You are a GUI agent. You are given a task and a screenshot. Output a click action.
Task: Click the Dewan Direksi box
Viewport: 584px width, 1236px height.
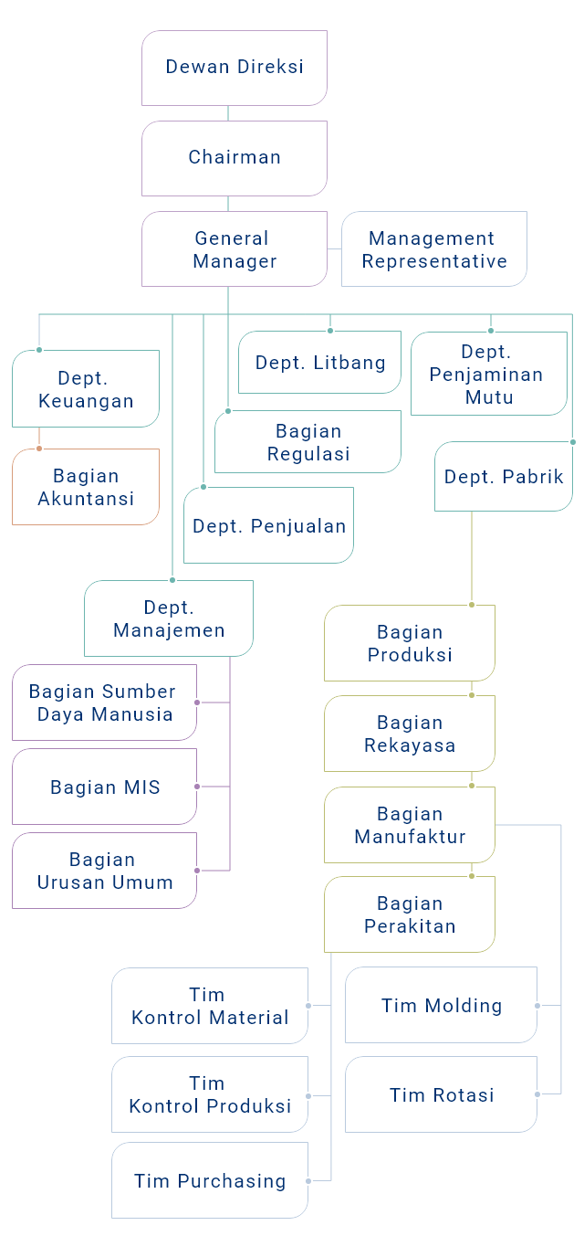click(235, 68)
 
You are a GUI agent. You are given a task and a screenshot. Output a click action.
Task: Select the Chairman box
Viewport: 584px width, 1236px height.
click(235, 158)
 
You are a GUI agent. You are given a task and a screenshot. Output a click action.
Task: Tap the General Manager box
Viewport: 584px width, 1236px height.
click(235, 249)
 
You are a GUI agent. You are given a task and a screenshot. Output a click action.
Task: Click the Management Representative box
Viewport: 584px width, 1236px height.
click(434, 249)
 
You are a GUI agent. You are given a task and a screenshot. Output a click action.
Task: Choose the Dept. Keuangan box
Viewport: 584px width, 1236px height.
click(86, 389)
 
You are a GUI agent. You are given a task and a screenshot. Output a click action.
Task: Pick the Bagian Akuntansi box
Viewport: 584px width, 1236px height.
click(86, 487)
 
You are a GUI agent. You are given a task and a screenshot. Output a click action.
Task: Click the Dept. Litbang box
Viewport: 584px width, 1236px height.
click(319, 363)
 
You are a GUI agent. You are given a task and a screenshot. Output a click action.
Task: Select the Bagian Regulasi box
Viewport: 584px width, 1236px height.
click(308, 442)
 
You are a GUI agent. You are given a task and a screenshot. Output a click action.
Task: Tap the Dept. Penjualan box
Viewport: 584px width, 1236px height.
click(269, 525)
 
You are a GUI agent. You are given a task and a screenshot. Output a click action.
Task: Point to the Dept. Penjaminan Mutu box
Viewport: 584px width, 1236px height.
click(488, 374)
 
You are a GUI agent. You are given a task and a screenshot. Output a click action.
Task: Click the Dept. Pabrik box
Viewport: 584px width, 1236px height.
click(504, 477)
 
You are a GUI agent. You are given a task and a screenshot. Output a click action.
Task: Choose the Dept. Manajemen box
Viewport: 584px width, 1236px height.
click(169, 619)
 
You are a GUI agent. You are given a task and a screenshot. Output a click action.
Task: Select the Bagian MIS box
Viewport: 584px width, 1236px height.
click(105, 787)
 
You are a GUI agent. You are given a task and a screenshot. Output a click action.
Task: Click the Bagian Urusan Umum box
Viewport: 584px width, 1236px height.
click(105, 871)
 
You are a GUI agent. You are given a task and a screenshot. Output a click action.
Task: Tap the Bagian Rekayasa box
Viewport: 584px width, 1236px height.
click(410, 734)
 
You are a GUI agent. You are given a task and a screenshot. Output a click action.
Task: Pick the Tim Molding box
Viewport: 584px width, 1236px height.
click(442, 1005)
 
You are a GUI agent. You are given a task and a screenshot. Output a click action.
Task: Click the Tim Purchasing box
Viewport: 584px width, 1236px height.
click(210, 1180)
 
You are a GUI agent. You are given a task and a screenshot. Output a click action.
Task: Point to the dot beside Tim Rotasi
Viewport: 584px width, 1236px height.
click(539, 1093)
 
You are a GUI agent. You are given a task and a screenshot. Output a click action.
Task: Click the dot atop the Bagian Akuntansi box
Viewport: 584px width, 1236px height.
click(39, 448)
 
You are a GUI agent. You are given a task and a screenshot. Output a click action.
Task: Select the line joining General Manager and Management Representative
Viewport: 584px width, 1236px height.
click(334, 249)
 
